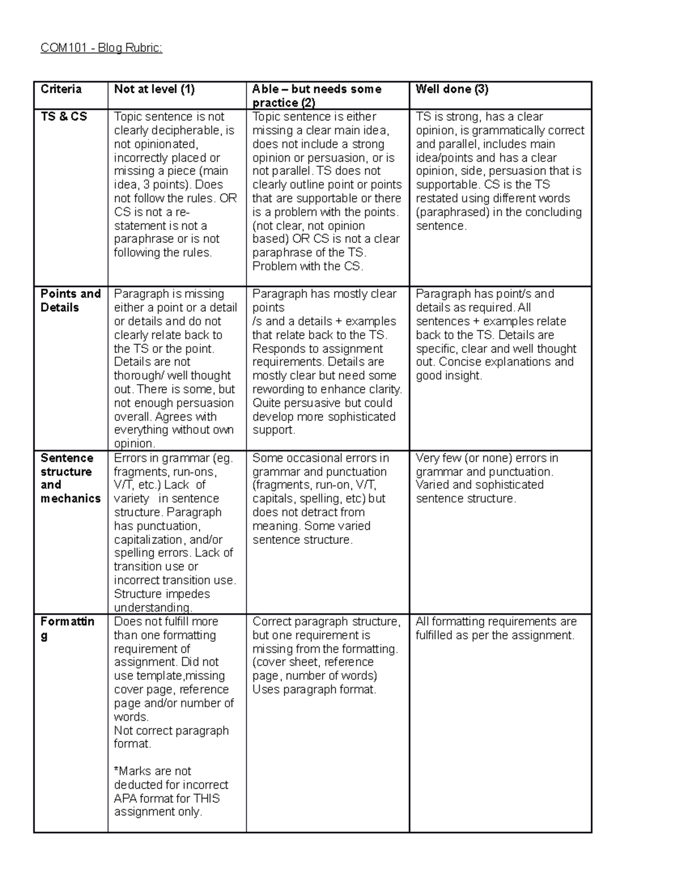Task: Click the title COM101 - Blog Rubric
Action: coord(101,48)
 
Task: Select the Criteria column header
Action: coord(61,89)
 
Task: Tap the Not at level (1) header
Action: coord(154,89)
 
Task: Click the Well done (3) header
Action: coord(452,89)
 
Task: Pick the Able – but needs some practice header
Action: coord(316,95)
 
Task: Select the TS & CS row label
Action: coord(64,116)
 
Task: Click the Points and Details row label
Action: coord(70,300)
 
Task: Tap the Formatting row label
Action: coord(67,628)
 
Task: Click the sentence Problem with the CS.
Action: coord(307,266)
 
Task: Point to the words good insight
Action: coord(449,376)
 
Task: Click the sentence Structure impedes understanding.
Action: coord(162,601)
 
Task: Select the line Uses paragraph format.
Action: coord(314,689)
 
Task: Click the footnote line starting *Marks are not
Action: coord(153,771)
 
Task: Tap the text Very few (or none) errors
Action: coord(486,458)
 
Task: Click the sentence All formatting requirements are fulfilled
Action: coord(495,628)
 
